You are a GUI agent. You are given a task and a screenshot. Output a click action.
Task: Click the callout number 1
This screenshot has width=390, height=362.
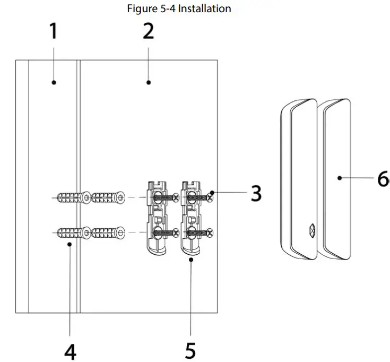coord(53,31)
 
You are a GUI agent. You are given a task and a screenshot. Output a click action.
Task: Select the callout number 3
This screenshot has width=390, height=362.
coord(256,193)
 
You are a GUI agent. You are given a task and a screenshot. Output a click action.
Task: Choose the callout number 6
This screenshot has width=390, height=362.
coord(383,179)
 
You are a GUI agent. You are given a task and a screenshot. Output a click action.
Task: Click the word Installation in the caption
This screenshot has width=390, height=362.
coord(204,8)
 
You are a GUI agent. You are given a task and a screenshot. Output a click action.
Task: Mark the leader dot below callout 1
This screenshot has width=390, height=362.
coord(54,82)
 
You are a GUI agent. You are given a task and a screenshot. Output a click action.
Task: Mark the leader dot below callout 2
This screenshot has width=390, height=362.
coord(149,82)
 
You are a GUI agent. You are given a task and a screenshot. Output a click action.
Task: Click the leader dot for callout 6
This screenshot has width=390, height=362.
coord(338,179)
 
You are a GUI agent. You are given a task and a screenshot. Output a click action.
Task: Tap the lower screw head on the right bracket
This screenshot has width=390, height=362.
coord(211,232)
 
